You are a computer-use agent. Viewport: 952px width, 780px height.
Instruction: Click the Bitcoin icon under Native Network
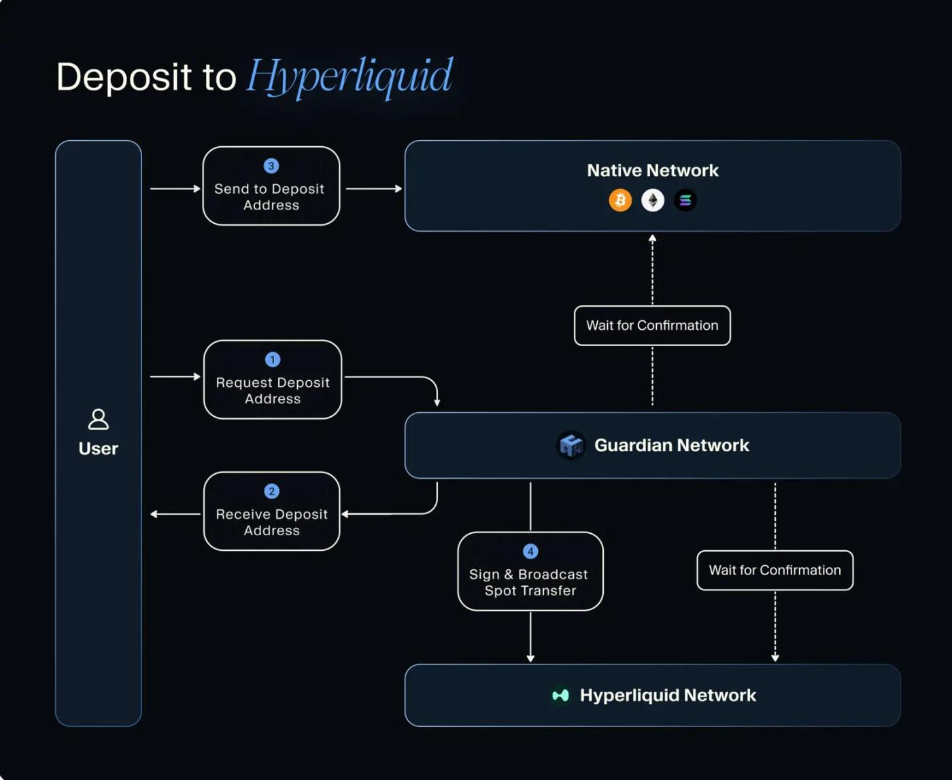[620, 201]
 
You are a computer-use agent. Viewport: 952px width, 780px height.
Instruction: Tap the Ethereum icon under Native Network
[653, 201]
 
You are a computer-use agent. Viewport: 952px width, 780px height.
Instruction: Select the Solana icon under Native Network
[685, 201]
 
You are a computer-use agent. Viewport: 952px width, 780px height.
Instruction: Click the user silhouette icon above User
[99, 419]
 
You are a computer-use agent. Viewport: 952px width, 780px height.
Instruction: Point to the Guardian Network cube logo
[571, 445]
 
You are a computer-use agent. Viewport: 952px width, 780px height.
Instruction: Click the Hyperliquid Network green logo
[560, 695]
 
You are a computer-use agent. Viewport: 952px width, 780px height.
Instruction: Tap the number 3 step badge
[271, 166]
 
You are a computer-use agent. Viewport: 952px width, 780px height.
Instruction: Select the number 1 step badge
[273, 360]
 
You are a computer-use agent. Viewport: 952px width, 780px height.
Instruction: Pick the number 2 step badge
[272, 492]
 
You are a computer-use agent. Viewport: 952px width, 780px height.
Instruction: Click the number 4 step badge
[530, 552]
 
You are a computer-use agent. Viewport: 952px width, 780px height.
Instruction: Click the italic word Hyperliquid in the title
[350, 76]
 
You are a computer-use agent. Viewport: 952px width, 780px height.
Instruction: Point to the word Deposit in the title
[124, 76]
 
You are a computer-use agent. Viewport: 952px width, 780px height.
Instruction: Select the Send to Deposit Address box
[271, 186]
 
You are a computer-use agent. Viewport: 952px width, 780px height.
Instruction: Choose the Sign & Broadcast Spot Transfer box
[530, 571]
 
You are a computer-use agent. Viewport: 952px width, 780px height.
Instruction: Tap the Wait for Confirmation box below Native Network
[652, 326]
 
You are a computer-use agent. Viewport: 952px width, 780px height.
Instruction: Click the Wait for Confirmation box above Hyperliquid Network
[775, 571]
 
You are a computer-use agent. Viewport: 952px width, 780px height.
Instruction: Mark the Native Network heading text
[653, 171]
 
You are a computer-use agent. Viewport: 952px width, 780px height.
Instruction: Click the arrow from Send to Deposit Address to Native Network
[373, 188]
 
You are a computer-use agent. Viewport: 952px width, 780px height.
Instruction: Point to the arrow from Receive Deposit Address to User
[175, 514]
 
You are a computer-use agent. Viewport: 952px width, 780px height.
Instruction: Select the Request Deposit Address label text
[273, 391]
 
